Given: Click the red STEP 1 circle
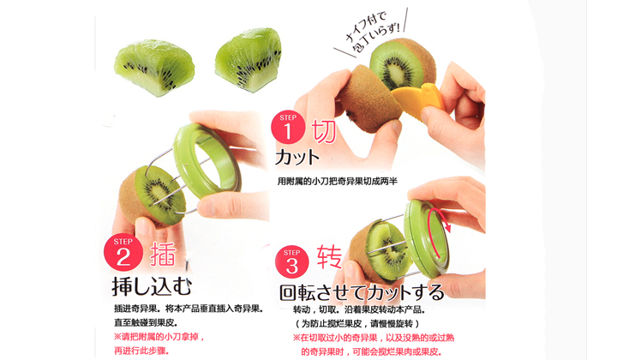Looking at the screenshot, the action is pyautogui.click(x=288, y=127).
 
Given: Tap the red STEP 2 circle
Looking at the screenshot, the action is pyautogui.click(x=123, y=252).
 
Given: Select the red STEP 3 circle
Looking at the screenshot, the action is pyautogui.click(x=291, y=262).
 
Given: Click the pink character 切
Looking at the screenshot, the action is pyautogui.click(x=324, y=131).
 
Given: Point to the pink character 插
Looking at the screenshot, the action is pyautogui.click(x=163, y=255).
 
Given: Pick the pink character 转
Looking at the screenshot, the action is pyautogui.click(x=329, y=257).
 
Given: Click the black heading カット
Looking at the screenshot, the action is pyautogui.click(x=297, y=158).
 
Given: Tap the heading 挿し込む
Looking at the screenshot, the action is pyautogui.click(x=152, y=286).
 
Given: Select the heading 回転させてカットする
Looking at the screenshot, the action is pyautogui.click(x=362, y=292).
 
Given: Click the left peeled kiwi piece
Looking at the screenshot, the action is pyautogui.click(x=154, y=67).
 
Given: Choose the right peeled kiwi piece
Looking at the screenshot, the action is pyautogui.click(x=249, y=59).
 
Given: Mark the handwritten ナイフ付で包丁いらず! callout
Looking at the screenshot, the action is pyautogui.click(x=371, y=33).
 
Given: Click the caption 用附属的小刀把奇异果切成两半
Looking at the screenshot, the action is pyautogui.click(x=338, y=181).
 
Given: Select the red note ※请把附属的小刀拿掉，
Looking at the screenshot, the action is pyautogui.click(x=159, y=337).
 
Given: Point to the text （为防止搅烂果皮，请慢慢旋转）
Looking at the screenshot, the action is pyautogui.click(x=357, y=324).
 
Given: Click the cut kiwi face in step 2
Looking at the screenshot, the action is pyautogui.click(x=160, y=195).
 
